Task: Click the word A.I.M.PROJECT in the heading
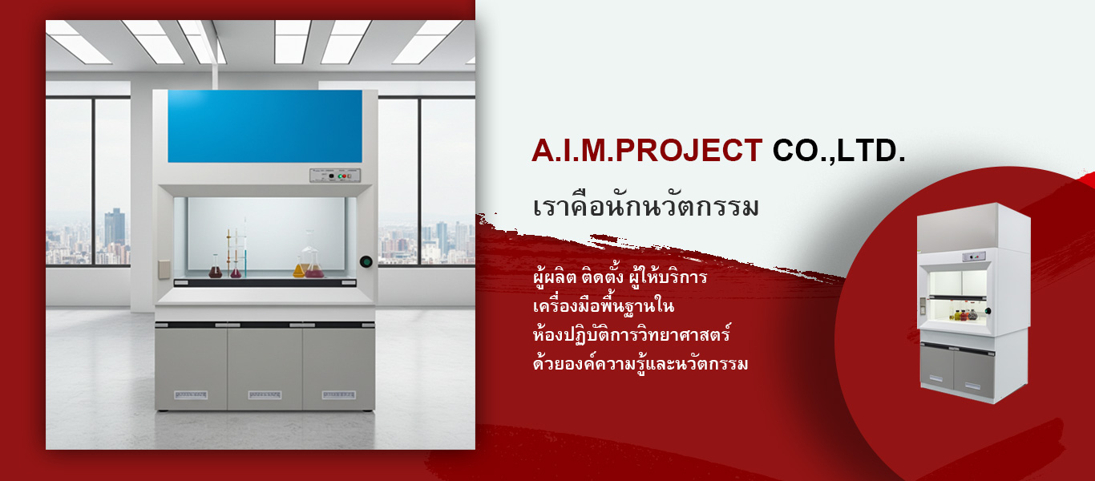pos(647,150)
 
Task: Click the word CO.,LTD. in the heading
pos(838,150)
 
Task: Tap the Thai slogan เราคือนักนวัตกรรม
pos(645,206)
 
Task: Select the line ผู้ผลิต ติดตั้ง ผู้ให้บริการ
pos(620,277)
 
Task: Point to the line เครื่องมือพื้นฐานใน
pos(604,306)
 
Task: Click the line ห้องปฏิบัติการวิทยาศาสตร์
pos(632,334)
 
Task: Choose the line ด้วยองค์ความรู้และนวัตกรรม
pos(640,364)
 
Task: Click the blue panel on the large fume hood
pos(265,126)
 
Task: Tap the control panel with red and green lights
pos(335,176)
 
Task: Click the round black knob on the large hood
pos(366,261)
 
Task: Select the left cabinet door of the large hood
pos(191,368)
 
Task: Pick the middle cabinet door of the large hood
pos(265,368)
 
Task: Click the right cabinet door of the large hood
pos(339,368)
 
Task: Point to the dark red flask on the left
pos(216,268)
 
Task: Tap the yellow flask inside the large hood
pos(299,268)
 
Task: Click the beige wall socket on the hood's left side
pos(164,269)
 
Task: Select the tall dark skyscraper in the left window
pos(115,228)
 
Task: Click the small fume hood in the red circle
pos(973,303)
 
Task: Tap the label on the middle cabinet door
pos(265,394)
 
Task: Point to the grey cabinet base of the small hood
pos(957,369)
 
